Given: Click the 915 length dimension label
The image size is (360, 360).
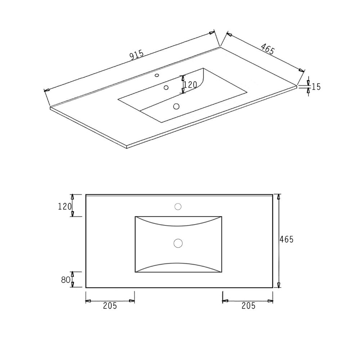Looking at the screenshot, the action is click(136, 55).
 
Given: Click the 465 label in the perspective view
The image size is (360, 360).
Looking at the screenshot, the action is click(268, 49).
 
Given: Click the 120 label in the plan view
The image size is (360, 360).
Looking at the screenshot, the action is click(65, 207).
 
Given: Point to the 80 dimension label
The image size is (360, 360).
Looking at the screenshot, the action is click(66, 280).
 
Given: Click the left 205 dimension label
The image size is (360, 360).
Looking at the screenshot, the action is click(110, 306).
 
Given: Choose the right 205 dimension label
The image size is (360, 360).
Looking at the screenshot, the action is click(248, 306).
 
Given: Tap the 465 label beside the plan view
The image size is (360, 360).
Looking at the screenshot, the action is click(287, 239).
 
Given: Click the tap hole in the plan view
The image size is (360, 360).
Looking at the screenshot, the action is click(178, 207).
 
